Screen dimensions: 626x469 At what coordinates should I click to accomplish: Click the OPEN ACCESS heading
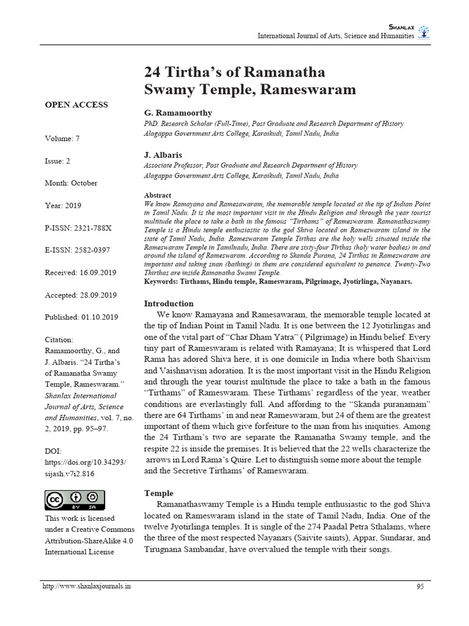(x=76, y=105)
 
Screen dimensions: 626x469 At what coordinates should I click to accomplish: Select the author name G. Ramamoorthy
(x=178, y=113)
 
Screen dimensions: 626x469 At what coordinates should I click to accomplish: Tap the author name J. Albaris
(x=163, y=155)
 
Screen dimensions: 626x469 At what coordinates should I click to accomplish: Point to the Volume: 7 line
(x=62, y=139)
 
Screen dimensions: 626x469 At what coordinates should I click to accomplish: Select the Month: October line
(x=71, y=183)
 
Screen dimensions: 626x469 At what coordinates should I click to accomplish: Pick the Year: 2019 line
(x=63, y=205)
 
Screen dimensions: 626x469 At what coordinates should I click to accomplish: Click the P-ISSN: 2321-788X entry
(x=78, y=227)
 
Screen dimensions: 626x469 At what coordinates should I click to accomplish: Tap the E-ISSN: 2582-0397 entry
(x=78, y=250)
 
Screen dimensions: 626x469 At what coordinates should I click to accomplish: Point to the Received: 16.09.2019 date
(x=81, y=272)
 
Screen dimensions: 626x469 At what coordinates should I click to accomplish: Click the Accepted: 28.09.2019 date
(x=81, y=295)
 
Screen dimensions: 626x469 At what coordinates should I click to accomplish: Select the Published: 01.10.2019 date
(x=81, y=317)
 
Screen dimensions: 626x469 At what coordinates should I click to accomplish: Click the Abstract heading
(x=157, y=195)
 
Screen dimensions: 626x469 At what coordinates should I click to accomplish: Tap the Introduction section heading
(x=169, y=303)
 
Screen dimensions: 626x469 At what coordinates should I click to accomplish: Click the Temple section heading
(x=158, y=493)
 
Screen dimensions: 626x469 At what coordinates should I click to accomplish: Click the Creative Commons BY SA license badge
(x=75, y=500)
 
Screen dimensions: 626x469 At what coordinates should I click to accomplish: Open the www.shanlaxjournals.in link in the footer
(x=86, y=587)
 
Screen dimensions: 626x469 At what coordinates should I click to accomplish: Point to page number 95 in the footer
(x=420, y=587)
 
